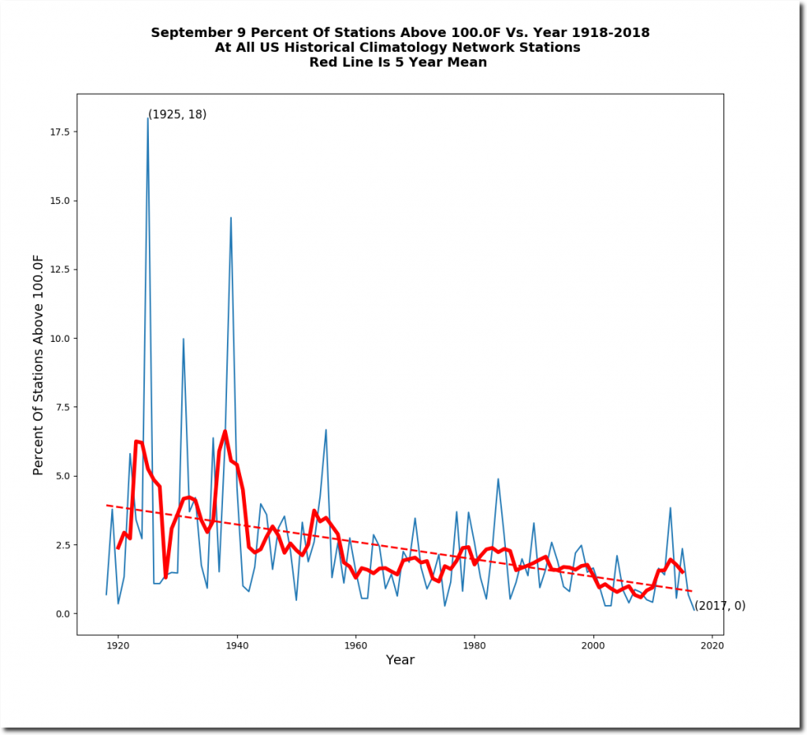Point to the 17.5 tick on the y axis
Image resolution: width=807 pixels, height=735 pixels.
click(x=57, y=132)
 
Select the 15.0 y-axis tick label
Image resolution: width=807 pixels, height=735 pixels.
click(x=57, y=201)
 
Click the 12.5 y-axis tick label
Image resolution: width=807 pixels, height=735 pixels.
click(x=57, y=269)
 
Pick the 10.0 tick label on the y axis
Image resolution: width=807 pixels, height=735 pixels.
click(x=57, y=339)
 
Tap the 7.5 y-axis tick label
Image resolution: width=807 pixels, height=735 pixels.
click(x=59, y=407)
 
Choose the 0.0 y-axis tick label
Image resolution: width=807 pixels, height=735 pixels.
click(x=59, y=614)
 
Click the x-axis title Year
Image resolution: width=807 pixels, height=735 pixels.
click(x=400, y=660)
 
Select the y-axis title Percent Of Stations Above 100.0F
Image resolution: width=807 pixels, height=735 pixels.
click(x=39, y=363)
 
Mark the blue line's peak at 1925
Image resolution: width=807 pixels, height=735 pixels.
click(x=147, y=118)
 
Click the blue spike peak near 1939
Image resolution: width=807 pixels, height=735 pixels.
click(x=231, y=217)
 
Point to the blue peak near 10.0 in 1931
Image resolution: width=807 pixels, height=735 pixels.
click(x=184, y=339)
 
